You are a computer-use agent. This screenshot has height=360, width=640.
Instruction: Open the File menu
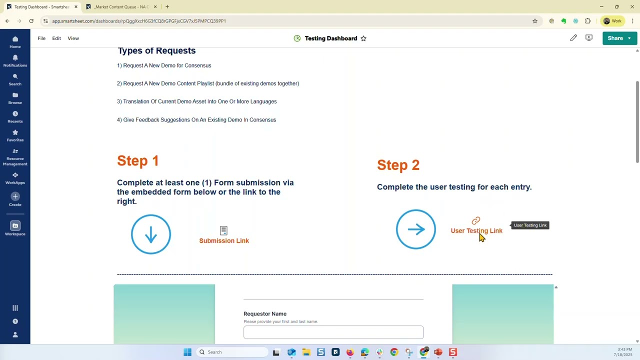(x=41, y=38)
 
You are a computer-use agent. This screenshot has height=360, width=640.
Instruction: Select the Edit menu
(x=56, y=38)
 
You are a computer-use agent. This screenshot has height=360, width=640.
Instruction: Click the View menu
(x=73, y=38)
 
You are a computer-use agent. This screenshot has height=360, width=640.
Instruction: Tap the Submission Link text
(x=224, y=241)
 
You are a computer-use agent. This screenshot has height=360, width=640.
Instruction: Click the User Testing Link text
(x=476, y=231)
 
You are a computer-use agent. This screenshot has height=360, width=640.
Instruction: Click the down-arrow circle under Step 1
(x=151, y=234)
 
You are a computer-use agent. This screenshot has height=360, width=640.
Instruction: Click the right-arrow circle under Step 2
(x=415, y=229)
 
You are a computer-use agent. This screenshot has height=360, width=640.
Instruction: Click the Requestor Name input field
(x=333, y=332)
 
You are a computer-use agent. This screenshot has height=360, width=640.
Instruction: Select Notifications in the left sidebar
(x=15, y=61)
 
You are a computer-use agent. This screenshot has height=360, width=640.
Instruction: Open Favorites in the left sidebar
(x=15, y=135)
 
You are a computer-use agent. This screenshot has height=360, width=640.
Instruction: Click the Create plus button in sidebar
(x=15, y=196)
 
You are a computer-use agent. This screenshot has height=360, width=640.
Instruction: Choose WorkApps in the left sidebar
(x=15, y=178)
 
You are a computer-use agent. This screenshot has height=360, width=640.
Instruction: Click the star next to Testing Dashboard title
(x=363, y=38)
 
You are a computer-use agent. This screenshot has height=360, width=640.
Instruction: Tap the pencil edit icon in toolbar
(x=573, y=38)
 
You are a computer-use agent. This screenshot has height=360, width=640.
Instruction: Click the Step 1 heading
(x=138, y=161)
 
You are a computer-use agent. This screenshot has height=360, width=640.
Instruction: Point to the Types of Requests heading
(x=156, y=51)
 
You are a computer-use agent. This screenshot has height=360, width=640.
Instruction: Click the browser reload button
(x=31, y=21)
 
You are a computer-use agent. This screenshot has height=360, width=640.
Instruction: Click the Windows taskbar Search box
(x=232, y=352)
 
